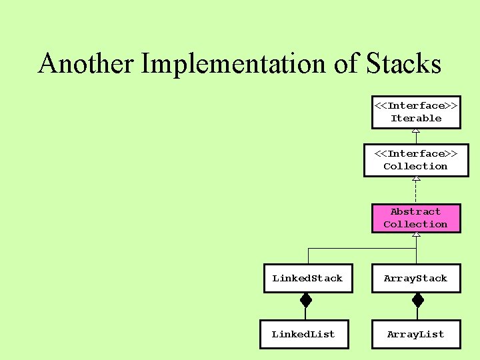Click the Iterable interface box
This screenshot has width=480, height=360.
pos(416,112)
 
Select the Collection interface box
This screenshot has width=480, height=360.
pos(415,160)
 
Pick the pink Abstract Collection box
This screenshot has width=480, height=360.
pos(416,218)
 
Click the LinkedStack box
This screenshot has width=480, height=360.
pos(307,279)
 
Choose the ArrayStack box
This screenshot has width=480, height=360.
pos(416,279)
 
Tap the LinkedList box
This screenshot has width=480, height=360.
pos(303,334)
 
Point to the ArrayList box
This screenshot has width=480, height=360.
pos(416,334)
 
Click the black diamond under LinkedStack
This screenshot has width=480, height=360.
pos(306,301)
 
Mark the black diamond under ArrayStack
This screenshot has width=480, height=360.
pos(417,301)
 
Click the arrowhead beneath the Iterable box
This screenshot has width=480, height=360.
pos(416,131)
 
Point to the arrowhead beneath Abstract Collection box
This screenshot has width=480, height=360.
pos(416,235)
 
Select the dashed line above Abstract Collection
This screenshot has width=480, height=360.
pos(416,192)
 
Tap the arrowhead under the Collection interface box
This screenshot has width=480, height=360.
pos(416,179)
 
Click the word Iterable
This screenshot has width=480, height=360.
pos(416,118)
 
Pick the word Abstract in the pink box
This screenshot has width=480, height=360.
pos(416,212)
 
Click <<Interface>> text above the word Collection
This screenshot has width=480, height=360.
pos(416,153)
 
